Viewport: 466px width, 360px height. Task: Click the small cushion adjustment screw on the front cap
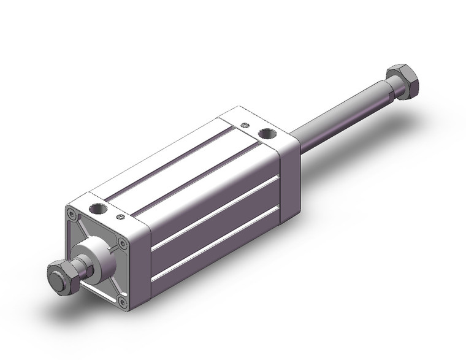click(118, 216)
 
